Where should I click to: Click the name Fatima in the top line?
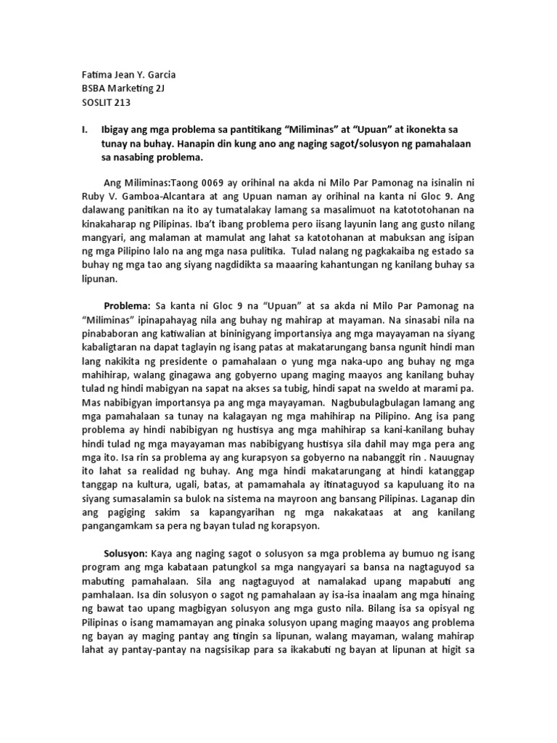[93, 74]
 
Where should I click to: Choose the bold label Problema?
[127, 308]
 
